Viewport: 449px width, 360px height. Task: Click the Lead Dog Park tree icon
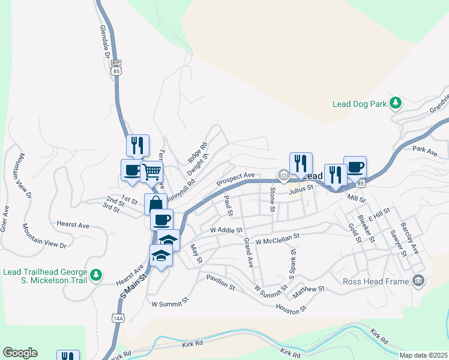(x=395, y=104)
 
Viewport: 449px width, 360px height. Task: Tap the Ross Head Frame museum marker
(x=418, y=281)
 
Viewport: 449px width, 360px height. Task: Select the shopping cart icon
(x=152, y=172)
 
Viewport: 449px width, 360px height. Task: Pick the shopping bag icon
(x=155, y=203)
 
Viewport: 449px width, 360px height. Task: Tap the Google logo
(x=20, y=353)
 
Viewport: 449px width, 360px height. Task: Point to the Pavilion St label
(x=220, y=282)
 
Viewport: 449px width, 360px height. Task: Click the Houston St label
(x=291, y=308)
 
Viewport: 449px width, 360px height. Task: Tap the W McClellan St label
(x=277, y=240)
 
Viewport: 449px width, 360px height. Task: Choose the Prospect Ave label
(x=236, y=178)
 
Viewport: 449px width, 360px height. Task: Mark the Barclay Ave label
(x=411, y=239)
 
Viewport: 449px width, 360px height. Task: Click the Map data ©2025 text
(x=423, y=355)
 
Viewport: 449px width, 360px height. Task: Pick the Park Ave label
(x=424, y=151)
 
